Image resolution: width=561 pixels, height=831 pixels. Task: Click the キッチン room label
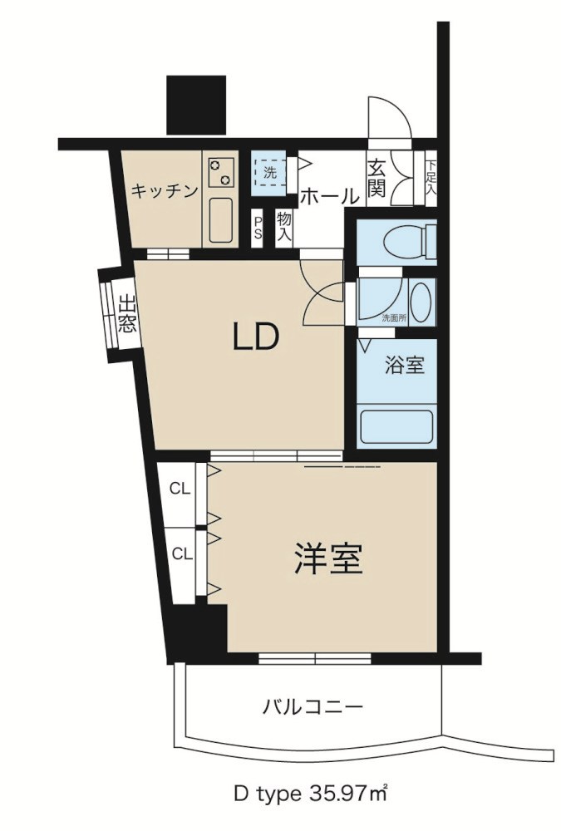164,191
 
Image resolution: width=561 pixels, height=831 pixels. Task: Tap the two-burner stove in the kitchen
220,173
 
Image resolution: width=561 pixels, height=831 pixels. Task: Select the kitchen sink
221,221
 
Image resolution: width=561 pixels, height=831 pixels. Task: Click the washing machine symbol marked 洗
269,174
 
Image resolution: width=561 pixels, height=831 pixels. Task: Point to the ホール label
329,197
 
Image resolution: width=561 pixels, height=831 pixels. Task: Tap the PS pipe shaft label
258,227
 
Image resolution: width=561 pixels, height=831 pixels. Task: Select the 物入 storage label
284,225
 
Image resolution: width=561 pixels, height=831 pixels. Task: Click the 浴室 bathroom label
405,365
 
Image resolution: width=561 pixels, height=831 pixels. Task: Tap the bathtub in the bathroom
397,426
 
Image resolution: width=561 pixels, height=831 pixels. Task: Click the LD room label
253,338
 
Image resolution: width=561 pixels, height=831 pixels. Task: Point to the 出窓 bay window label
126,314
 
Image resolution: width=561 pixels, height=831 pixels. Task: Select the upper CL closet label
180,489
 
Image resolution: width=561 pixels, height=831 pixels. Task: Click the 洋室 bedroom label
328,559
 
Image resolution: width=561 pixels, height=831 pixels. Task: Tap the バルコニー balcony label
312,708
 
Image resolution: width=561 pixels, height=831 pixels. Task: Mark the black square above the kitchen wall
196,105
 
